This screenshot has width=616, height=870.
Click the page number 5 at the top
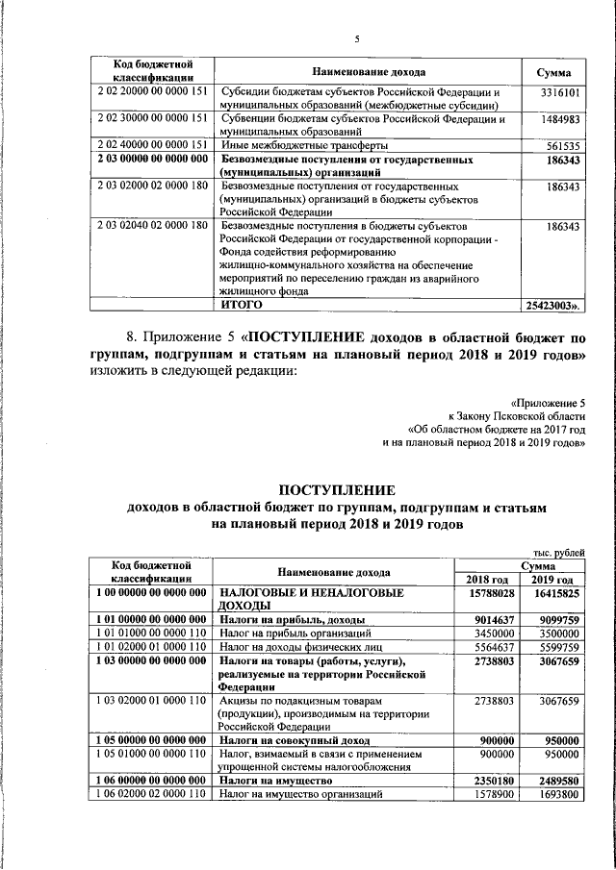point(355,38)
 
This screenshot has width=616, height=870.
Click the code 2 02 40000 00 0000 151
point(152,145)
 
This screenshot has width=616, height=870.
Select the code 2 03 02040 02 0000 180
point(152,226)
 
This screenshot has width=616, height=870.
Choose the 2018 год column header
point(487,580)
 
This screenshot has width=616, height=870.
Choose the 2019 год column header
point(552,580)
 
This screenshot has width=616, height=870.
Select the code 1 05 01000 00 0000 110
point(152,755)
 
